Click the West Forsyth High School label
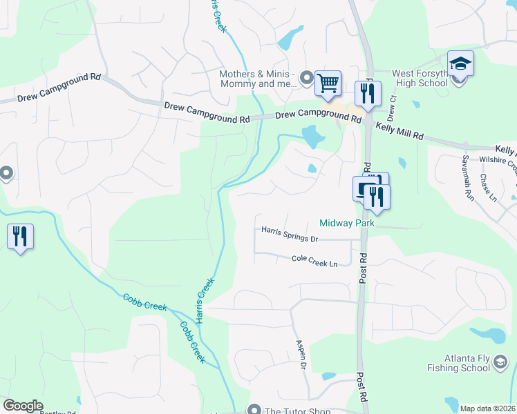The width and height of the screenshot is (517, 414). pyautogui.click(x=420, y=78)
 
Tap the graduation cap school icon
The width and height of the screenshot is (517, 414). pyautogui.click(x=460, y=66)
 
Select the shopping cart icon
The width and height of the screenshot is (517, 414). pyautogui.click(x=328, y=83)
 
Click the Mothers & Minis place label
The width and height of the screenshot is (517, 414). pyautogui.click(x=257, y=79)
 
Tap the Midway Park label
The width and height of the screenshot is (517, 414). pyautogui.click(x=346, y=223)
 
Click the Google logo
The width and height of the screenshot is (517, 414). pyautogui.click(x=23, y=406)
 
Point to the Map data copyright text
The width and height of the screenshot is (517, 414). pyautogui.click(x=488, y=408)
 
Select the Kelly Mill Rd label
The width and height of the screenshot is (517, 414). pyautogui.click(x=399, y=132)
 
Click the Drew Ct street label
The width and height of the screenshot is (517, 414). pyautogui.click(x=393, y=103)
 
